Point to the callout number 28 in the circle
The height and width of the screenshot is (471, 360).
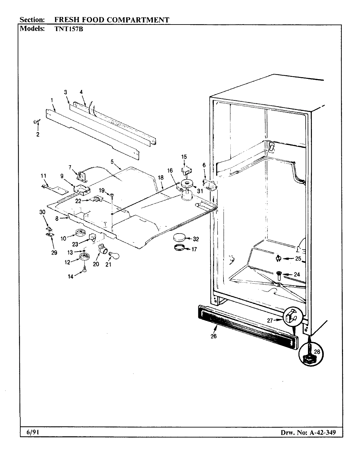(316, 352)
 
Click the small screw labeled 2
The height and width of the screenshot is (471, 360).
(36, 122)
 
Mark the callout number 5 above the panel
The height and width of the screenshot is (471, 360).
(112, 161)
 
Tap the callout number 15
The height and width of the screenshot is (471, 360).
(184, 157)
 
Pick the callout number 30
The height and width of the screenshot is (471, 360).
(42, 212)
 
